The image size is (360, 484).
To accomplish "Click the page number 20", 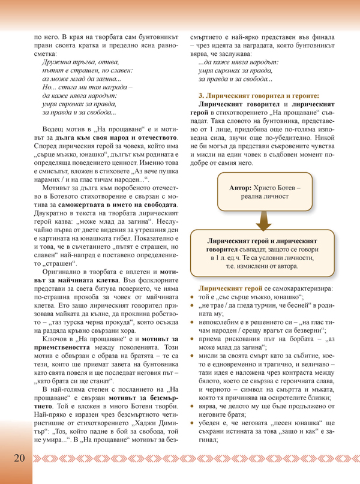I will [16, 458].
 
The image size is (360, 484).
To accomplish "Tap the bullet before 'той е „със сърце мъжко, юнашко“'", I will [193, 297].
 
